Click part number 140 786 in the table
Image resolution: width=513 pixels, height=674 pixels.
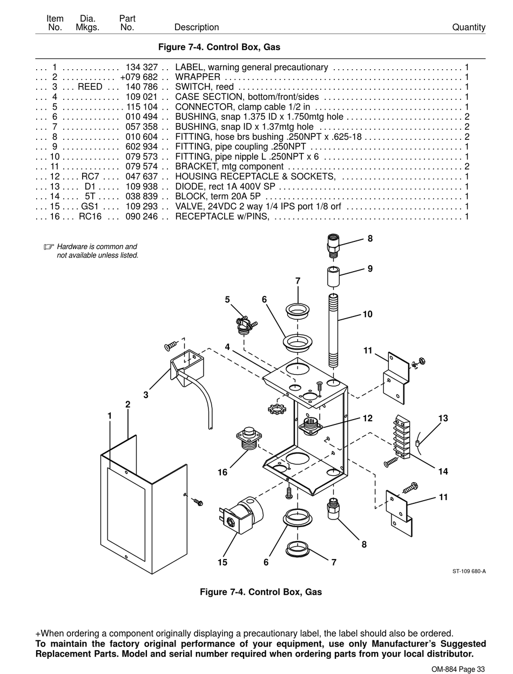141,87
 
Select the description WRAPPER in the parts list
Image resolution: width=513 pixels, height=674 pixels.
198,77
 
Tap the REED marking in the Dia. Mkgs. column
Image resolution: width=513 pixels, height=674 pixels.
90,87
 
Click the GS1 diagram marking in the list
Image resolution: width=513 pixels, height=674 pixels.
90,206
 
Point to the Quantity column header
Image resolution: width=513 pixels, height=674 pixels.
469,28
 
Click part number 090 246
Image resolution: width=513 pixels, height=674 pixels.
141,217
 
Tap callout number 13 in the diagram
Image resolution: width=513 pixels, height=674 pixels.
443,418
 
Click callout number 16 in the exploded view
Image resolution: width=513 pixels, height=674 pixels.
222,472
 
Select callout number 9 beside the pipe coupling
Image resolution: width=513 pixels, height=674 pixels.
370,268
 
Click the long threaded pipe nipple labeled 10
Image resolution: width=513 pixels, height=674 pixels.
334,331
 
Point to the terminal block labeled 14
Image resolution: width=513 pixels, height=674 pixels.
402,437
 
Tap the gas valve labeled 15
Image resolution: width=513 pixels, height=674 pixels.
241,516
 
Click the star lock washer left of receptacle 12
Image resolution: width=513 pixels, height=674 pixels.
276,409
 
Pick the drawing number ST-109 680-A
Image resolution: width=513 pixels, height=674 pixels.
469,571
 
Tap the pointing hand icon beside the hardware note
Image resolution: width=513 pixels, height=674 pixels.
49,247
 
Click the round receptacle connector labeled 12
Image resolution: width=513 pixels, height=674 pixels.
310,425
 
